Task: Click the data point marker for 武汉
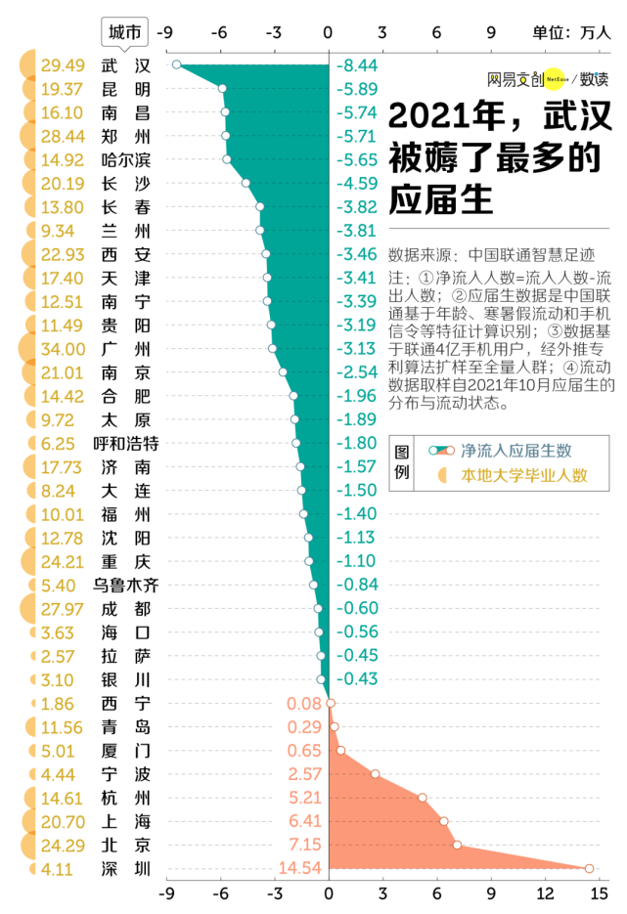176,65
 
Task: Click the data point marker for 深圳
589,868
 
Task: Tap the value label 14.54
300,868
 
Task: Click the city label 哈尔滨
126,159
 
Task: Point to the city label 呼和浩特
126,443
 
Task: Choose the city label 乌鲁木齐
126,585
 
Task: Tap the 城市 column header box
126,32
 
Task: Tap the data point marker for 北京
457,845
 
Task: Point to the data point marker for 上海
443,821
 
